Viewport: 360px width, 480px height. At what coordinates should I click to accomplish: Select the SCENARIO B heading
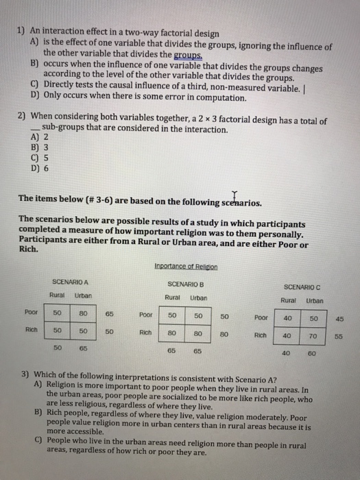coord(185,283)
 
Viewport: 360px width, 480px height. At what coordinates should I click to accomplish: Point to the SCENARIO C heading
coord(302,287)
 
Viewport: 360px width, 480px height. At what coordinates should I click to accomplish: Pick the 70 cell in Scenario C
coord(313,337)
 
